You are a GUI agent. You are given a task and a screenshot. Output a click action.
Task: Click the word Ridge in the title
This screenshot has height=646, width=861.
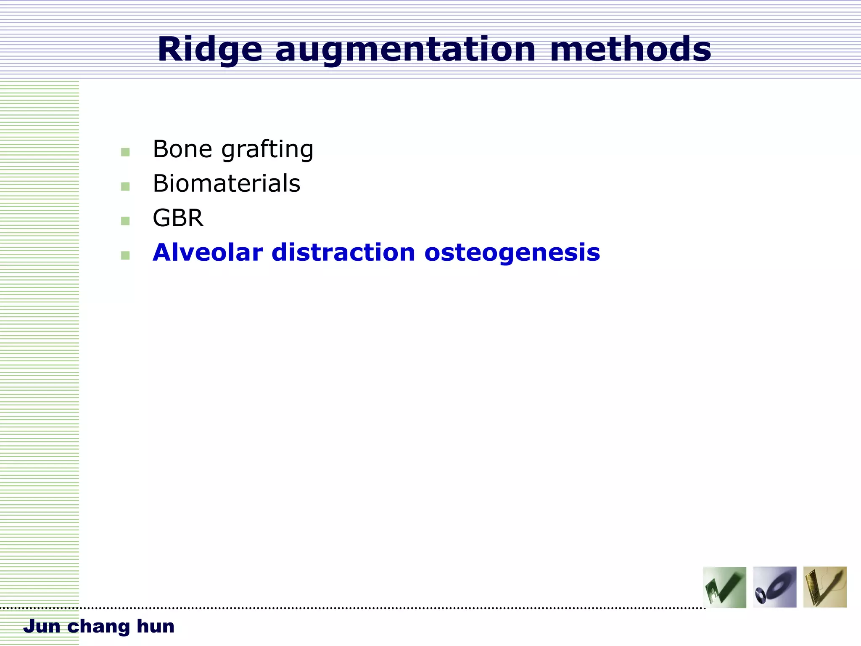[210, 50]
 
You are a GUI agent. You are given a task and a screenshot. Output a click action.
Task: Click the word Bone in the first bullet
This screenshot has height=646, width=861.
[182, 149]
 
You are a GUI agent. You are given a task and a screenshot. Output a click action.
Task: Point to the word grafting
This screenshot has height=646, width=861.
[267, 150]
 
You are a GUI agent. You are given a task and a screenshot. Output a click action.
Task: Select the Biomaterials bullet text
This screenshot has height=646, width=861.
[226, 184]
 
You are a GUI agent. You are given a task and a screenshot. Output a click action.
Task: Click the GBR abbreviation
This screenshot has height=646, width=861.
[178, 218]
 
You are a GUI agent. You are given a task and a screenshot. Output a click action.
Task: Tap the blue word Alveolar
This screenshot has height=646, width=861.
[208, 252]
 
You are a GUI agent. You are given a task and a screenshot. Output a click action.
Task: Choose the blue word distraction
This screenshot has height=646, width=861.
[343, 252]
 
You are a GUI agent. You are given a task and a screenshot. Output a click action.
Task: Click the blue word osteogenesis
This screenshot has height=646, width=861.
[512, 253]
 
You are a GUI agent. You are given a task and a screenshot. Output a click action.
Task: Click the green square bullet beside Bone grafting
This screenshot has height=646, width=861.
[125, 152]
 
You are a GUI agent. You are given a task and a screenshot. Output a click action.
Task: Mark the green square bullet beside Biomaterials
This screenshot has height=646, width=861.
[125, 186]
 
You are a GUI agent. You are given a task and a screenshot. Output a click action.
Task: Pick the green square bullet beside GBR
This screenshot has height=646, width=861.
[125, 221]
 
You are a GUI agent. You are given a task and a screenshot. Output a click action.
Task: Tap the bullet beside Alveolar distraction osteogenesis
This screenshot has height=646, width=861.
[125, 255]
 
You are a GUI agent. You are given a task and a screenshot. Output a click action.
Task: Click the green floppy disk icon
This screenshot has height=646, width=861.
[724, 587]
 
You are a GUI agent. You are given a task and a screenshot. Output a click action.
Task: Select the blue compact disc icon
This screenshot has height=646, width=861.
[774, 587]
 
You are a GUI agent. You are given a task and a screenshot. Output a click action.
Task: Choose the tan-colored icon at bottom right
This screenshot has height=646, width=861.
[824, 587]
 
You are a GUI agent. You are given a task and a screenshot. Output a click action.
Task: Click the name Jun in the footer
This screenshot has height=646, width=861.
[42, 626]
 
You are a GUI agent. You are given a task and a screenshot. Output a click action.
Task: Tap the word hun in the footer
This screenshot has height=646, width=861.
[155, 626]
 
